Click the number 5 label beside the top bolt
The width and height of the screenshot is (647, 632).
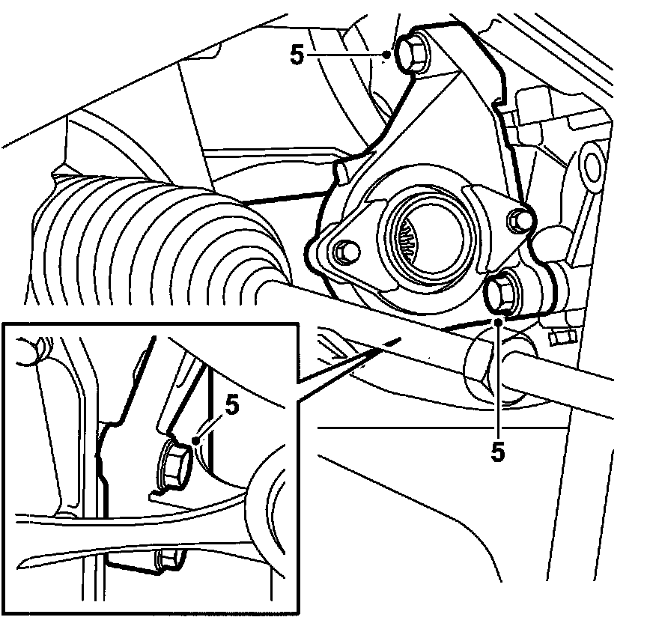[297, 55]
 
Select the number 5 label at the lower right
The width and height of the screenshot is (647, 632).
[498, 451]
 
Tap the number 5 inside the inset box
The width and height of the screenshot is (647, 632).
[232, 406]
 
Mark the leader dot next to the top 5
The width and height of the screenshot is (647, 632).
[386, 54]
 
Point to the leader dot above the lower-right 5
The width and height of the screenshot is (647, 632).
[499, 322]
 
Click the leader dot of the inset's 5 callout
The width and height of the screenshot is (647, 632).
[196, 440]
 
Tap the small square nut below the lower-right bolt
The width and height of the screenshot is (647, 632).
[561, 338]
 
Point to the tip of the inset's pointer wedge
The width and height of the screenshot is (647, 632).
[399, 339]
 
